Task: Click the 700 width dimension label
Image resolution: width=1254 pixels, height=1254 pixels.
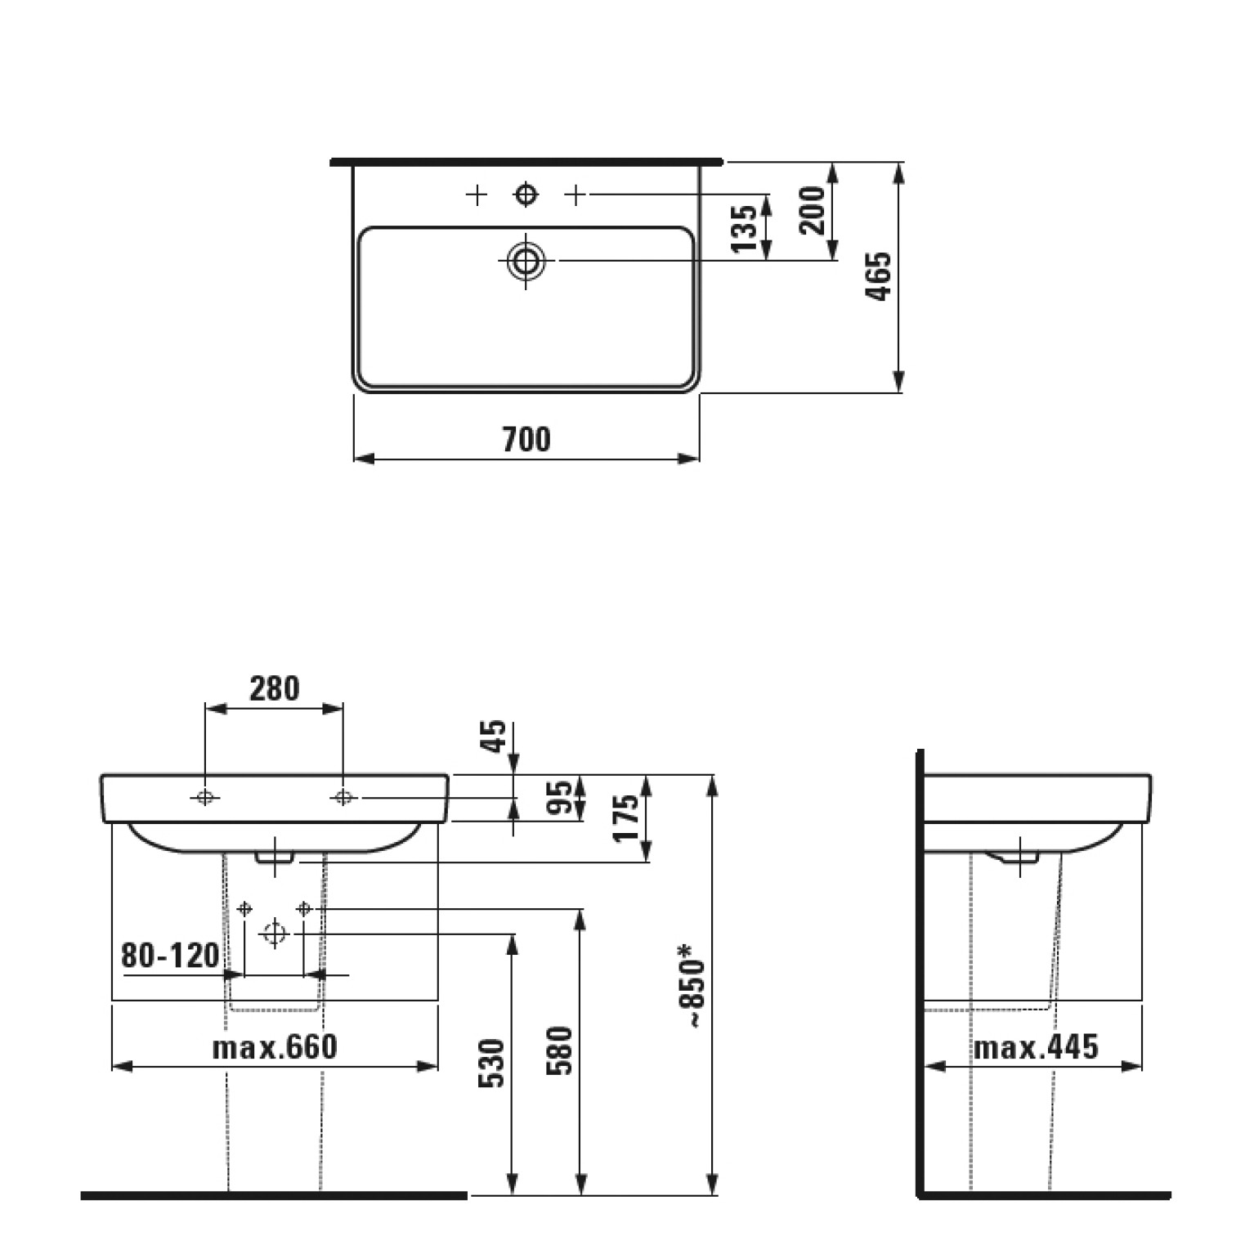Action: pos(526,440)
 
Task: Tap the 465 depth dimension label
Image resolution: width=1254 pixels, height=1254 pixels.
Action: pos(879,277)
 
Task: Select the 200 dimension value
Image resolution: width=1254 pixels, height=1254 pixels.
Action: pos(813,210)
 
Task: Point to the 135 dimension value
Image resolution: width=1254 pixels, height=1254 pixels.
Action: pos(745,228)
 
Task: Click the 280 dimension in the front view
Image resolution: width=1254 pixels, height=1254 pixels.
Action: pos(275,688)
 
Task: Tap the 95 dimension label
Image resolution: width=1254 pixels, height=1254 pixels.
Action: pos(559,799)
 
